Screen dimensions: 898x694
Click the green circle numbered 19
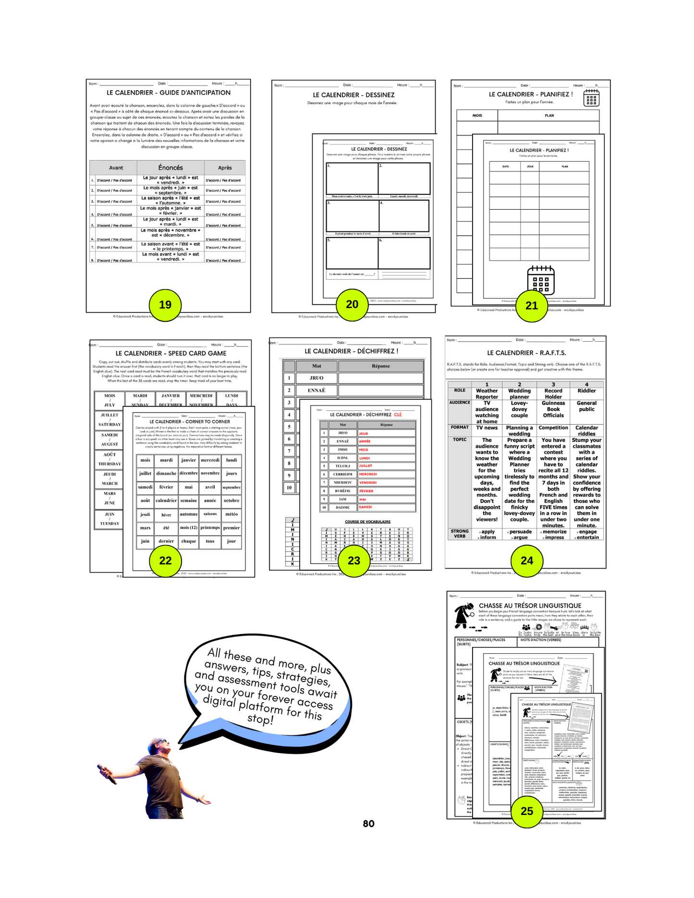pyautogui.click(x=165, y=305)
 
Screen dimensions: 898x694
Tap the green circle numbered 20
pyautogui.click(x=352, y=304)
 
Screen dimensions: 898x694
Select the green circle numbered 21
pyautogui.click(x=531, y=306)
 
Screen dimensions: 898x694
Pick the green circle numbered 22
pyautogui.click(x=165, y=561)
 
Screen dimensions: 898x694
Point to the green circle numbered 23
pyautogui.click(x=353, y=561)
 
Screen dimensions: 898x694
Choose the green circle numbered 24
pyautogui.click(x=527, y=561)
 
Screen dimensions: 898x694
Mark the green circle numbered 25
pyautogui.click(x=527, y=811)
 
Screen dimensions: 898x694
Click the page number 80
pyautogui.click(x=368, y=824)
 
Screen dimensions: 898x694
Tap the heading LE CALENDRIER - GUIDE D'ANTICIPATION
pyautogui.click(x=168, y=93)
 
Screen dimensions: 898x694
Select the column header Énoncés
pyautogui.click(x=170, y=168)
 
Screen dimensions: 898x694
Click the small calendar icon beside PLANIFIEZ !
pyautogui.click(x=591, y=98)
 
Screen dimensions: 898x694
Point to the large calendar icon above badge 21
pyautogui.click(x=541, y=280)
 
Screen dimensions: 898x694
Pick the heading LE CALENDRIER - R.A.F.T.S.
pyautogui.click(x=526, y=353)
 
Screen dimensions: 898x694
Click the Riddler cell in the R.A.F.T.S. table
pyautogui.click(x=586, y=391)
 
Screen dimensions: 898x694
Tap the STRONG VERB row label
pyautogui.click(x=460, y=534)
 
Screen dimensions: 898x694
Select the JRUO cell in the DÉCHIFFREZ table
pyautogui.click(x=316, y=378)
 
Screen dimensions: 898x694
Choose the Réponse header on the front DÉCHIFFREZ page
pyautogui.click(x=386, y=425)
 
